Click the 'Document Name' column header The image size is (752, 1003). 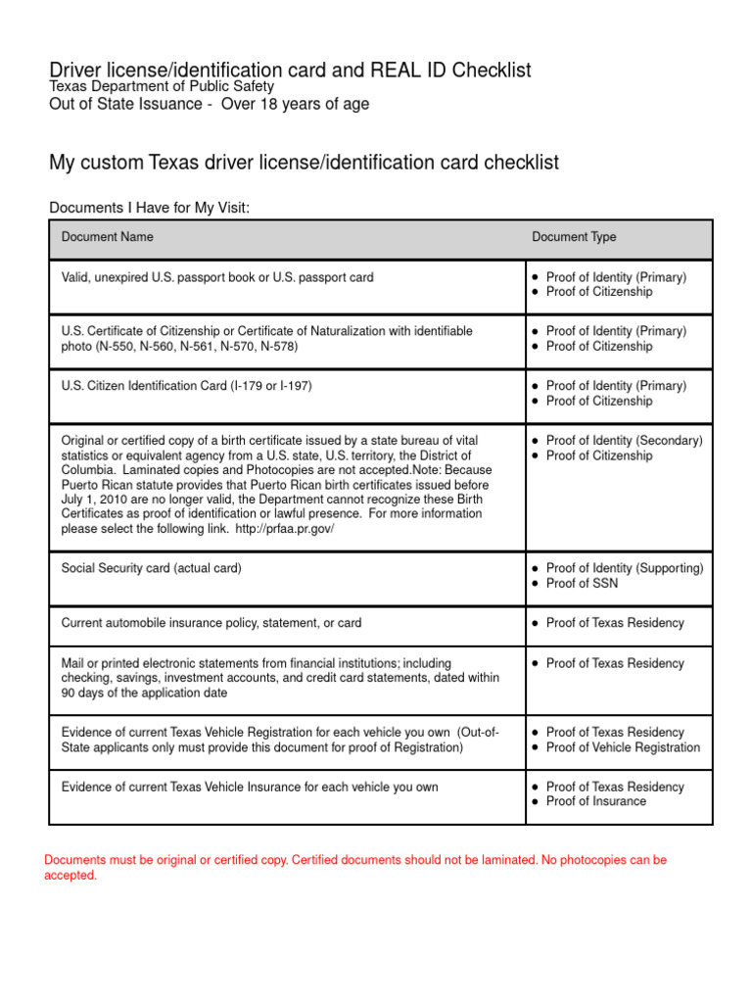pos(107,237)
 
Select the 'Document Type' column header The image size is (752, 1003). pos(574,237)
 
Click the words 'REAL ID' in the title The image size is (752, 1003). pos(406,71)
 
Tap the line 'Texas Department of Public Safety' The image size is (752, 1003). pos(162,87)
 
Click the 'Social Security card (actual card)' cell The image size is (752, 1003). pos(151,568)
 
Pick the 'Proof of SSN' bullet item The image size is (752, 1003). pos(582,584)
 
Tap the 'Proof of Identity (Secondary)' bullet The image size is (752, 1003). pos(624,441)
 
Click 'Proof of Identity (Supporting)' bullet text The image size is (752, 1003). pos(624,568)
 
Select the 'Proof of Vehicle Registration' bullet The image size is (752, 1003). pos(623,747)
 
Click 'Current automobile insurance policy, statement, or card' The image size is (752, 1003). pos(211,623)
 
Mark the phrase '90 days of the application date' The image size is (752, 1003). pos(144,693)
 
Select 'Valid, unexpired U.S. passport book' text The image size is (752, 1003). pos(160,277)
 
